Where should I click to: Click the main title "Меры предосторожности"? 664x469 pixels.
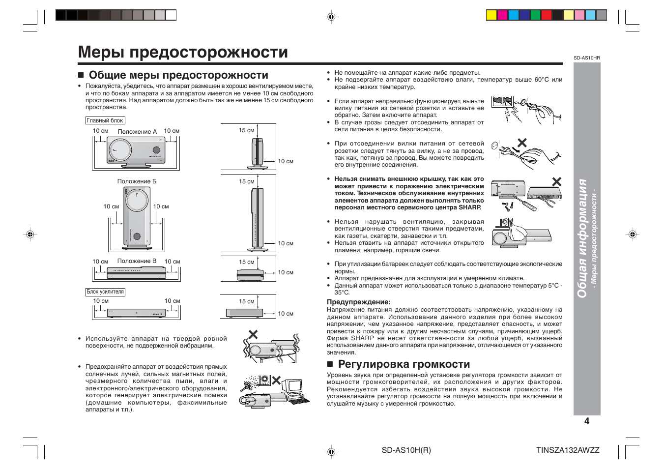[x=183, y=52]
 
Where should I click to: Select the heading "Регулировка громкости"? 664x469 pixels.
[x=404, y=364]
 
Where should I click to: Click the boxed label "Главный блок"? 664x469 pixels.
[x=105, y=120]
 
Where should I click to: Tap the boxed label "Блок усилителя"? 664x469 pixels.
[x=105, y=292]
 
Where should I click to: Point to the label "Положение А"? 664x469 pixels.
[x=137, y=132]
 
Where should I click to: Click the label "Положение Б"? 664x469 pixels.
[x=137, y=181]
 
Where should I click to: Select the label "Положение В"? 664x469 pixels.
[x=137, y=262]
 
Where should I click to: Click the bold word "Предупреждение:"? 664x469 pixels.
[x=358, y=302]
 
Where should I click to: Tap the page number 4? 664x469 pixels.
[x=586, y=421]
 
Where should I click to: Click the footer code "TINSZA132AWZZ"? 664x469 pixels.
[x=568, y=450]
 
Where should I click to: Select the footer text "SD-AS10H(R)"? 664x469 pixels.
[x=406, y=450]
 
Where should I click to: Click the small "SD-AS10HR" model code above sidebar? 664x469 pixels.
[x=586, y=58]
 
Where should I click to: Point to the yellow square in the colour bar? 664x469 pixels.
[x=491, y=15]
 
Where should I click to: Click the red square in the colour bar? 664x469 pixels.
[x=546, y=15]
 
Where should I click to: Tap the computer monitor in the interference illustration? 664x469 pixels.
[x=293, y=387]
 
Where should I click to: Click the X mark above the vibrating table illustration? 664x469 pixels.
[x=253, y=335]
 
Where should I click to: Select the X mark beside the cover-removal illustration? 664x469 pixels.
[x=556, y=181]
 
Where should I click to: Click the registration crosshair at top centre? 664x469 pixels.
[x=332, y=17]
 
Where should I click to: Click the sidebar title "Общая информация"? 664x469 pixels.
[x=582, y=238]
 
